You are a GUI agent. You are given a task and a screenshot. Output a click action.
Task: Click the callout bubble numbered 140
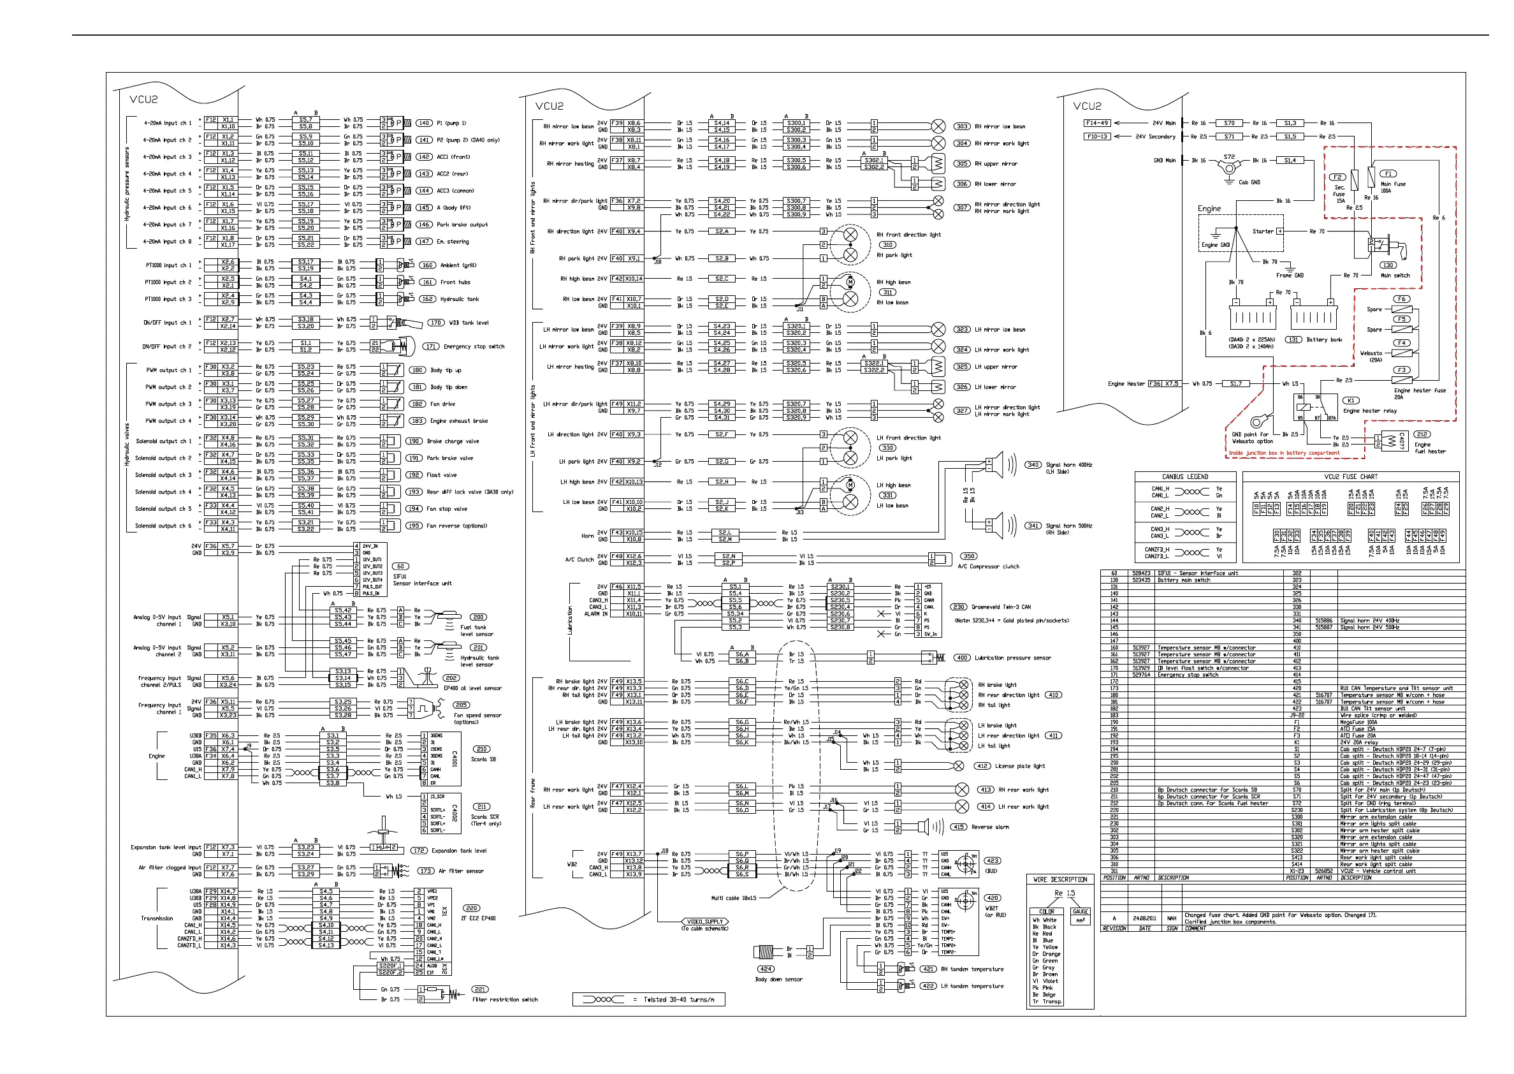424,123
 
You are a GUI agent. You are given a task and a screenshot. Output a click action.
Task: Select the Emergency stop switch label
474,346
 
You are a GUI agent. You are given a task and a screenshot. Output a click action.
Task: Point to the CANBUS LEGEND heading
1185,477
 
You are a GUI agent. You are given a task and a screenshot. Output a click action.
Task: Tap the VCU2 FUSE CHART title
1350,477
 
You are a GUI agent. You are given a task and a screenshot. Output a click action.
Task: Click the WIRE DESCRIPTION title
1060,879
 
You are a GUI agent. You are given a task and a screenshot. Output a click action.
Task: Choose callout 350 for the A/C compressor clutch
968,556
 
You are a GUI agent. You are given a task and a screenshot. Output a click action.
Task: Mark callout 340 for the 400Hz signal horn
1033,465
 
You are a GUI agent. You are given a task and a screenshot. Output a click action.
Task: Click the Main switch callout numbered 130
1388,265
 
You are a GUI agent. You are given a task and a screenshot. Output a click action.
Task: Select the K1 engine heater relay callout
1351,401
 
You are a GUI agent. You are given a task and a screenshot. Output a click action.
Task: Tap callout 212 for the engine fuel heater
1422,434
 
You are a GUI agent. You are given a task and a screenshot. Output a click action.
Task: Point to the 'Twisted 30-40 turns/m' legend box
648,999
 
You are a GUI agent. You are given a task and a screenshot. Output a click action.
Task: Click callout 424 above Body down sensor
765,969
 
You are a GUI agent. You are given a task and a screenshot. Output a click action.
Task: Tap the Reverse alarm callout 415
958,827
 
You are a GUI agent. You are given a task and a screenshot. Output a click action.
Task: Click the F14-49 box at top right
1097,123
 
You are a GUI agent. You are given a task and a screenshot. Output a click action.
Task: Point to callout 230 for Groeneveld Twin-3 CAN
958,607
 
